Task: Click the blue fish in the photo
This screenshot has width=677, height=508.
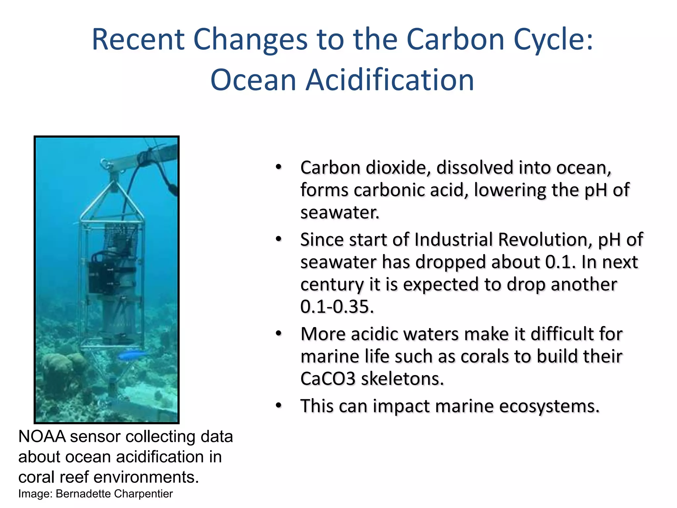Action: pyautogui.click(x=131, y=356)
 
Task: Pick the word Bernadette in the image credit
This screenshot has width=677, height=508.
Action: pyautogui.click(x=83, y=494)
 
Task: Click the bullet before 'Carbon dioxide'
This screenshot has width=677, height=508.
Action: pyautogui.click(x=279, y=167)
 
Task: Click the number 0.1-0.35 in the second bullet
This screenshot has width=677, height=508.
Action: pyautogui.click(x=337, y=307)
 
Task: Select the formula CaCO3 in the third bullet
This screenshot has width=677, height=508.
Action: pyautogui.click(x=328, y=379)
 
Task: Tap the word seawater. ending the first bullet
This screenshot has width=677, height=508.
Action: pyautogui.click(x=339, y=213)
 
